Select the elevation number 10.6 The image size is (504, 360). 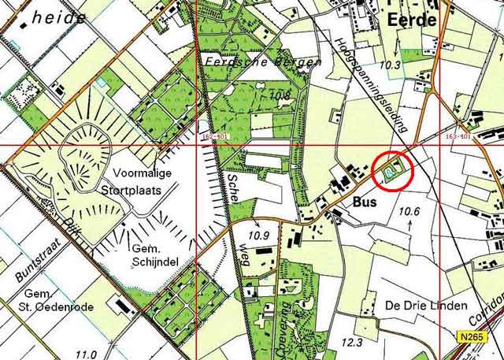[409, 211]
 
